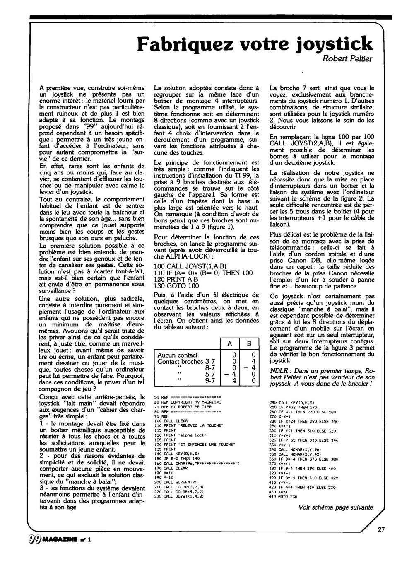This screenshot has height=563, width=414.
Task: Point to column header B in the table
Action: coord(249,343)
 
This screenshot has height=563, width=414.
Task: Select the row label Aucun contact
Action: coord(178,355)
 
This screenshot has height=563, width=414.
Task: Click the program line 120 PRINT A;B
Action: coord(176,279)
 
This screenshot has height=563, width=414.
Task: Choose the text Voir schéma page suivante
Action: coord(335,507)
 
